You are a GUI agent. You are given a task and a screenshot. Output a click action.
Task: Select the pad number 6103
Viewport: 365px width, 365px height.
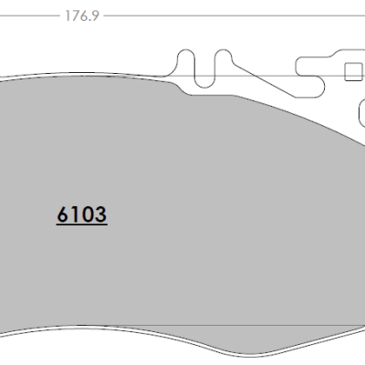[82, 215]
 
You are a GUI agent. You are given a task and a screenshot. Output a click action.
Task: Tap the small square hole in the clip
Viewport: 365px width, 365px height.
[354, 71]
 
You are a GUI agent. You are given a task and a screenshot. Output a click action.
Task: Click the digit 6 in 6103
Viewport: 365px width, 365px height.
[63, 215]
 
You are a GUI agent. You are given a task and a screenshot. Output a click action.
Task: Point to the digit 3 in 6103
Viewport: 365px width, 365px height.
[100, 215]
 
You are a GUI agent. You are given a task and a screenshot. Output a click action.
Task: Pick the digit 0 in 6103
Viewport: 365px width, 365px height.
[88, 215]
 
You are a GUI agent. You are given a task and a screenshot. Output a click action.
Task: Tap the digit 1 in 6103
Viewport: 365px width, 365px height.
[75, 215]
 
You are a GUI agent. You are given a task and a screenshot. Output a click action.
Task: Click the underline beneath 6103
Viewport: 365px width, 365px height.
[82, 225]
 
